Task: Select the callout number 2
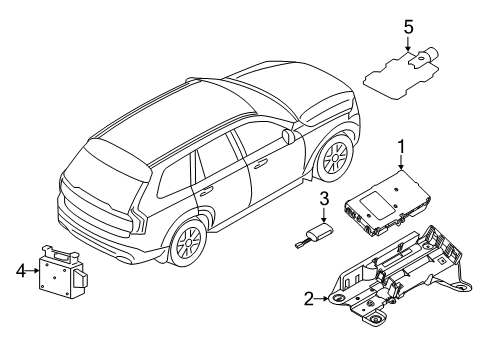pyautogui.click(x=309, y=297)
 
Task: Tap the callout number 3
pyautogui.click(x=324, y=200)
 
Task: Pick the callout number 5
pyautogui.click(x=407, y=25)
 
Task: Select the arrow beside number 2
pyautogui.click(x=325, y=297)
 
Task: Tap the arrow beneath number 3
pyautogui.click(x=324, y=218)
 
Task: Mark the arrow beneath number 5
pyautogui.click(x=407, y=45)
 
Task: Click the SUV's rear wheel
pyautogui.click(x=187, y=243)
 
